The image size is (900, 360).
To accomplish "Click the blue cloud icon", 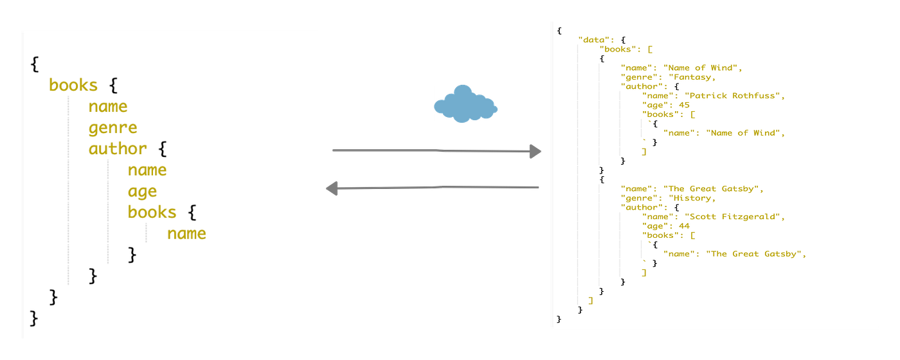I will click(465, 104).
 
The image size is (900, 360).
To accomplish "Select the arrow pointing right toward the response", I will click(437, 151).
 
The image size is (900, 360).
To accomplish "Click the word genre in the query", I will click(113, 128).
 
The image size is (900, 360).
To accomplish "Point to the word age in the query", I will click(142, 192).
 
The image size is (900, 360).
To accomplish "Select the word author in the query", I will click(118, 149).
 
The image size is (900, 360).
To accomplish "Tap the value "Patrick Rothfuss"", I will click(735, 96).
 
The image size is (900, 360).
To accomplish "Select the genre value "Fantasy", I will click(691, 77).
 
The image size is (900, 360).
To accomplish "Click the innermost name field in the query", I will click(186, 233).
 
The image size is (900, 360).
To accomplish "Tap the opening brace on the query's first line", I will click(34, 64).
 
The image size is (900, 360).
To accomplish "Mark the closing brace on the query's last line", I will click(34, 318).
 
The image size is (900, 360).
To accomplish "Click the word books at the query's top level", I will click(73, 85).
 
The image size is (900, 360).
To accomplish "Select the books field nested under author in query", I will click(152, 212).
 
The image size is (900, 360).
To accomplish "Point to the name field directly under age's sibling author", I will click(147, 170).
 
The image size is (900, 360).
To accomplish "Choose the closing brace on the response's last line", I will click(559, 319).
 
